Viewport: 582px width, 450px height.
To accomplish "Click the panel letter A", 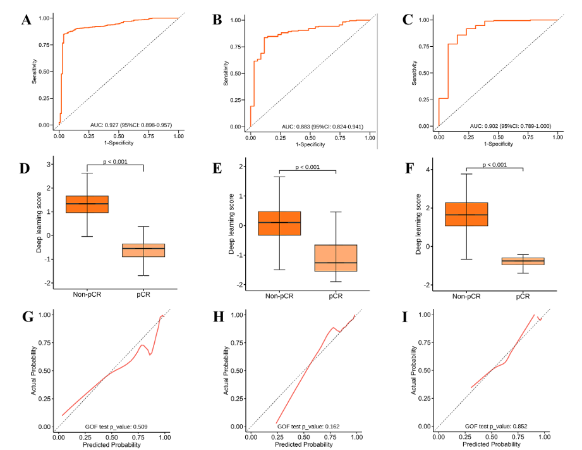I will [26, 20].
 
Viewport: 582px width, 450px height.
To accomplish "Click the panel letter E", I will [217, 169].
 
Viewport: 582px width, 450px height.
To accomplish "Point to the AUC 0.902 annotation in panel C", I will [509, 127].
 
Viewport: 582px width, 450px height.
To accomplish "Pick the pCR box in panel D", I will [144, 250].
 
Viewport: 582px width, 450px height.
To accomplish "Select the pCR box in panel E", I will [336, 258].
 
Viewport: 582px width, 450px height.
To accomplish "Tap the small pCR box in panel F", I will [523, 261].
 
